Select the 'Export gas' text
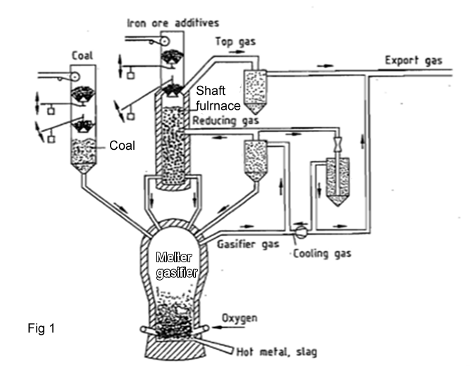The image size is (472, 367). [x=413, y=60]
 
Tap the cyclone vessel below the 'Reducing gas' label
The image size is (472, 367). [x=254, y=158]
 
